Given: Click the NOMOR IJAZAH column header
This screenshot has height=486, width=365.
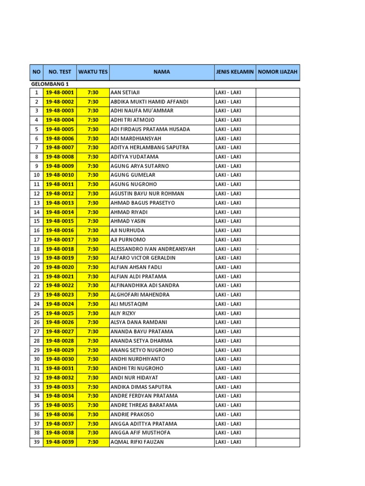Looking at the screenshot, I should pyautogui.click(x=278, y=72).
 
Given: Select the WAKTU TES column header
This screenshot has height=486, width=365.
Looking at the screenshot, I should pyautogui.click(x=93, y=72).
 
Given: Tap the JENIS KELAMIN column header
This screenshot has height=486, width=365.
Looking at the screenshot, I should pyautogui.click(x=235, y=72).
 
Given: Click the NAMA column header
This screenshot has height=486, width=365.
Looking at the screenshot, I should pyautogui.click(x=162, y=72).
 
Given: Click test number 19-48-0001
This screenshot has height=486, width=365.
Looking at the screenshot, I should pyautogui.click(x=60, y=93).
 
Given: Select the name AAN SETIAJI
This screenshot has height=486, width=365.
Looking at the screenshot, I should pyautogui.click(x=125, y=93).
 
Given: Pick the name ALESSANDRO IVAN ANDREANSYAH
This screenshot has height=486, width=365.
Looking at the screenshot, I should pyautogui.click(x=153, y=249).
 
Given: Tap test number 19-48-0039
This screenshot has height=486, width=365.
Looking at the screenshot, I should pyautogui.click(x=60, y=442).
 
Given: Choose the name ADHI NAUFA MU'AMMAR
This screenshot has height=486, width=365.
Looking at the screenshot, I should pyautogui.click(x=142, y=111).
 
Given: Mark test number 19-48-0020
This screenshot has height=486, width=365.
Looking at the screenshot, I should pyautogui.click(x=60, y=267).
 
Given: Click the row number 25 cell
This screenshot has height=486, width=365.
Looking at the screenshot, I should pyautogui.click(x=37, y=313).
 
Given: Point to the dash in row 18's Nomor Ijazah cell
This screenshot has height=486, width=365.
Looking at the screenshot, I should pyautogui.click(x=258, y=249).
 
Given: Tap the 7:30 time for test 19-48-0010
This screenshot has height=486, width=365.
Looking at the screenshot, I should pyautogui.click(x=93, y=175).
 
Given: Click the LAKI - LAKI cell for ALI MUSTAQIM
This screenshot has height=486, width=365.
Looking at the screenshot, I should pyautogui.click(x=228, y=304).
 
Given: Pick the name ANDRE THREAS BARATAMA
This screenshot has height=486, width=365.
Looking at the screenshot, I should pyautogui.click(x=144, y=405).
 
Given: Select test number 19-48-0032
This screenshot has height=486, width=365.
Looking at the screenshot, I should pyautogui.click(x=60, y=378).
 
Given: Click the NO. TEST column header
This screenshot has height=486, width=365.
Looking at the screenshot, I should pyautogui.click(x=60, y=72).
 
